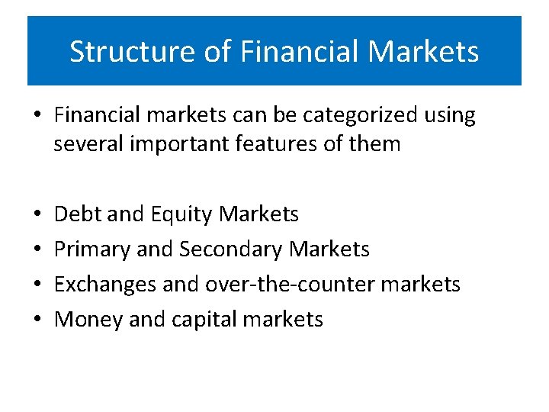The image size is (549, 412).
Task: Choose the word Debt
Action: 79,214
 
